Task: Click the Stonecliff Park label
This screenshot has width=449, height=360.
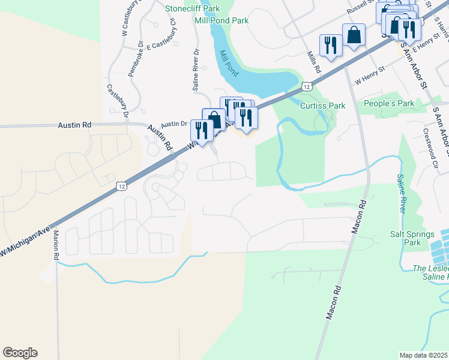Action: (x=193, y=8)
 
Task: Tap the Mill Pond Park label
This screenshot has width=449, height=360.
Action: (x=221, y=20)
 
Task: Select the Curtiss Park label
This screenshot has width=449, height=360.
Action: (x=322, y=106)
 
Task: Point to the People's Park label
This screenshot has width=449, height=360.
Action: (x=389, y=104)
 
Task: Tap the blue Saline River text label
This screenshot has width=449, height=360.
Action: (x=400, y=193)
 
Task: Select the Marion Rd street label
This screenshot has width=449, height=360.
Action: (x=55, y=245)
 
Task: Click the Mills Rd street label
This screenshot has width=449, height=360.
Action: (x=314, y=62)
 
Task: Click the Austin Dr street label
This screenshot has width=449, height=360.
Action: (x=173, y=124)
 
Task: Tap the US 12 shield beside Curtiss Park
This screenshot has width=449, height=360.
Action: (x=307, y=86)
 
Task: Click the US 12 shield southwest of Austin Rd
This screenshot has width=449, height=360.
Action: (x=121, y=187)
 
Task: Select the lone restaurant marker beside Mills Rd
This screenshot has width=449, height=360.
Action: (x=331, y=45)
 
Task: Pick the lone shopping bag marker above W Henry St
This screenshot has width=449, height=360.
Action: (x=354, y=34)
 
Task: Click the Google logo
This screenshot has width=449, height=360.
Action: (x=20, y=353)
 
